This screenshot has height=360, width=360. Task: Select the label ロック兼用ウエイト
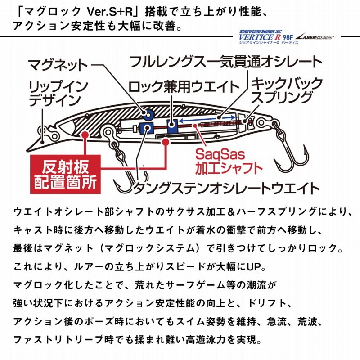(184, 87)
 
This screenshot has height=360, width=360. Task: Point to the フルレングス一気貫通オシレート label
(226, 61)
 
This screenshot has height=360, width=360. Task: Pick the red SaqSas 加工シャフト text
(229, 162)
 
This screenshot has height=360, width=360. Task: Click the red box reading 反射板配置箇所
(65, 174)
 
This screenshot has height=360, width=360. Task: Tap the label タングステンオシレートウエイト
(227, 188)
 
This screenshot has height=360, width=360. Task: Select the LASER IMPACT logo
(315, 37)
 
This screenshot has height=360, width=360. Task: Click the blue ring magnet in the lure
(148, 114)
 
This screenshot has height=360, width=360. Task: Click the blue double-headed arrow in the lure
(207, 119)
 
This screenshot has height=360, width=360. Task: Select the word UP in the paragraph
(254, 267)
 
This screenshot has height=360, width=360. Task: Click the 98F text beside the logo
(288, 37)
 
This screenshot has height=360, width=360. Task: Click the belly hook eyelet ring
(108, 131)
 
